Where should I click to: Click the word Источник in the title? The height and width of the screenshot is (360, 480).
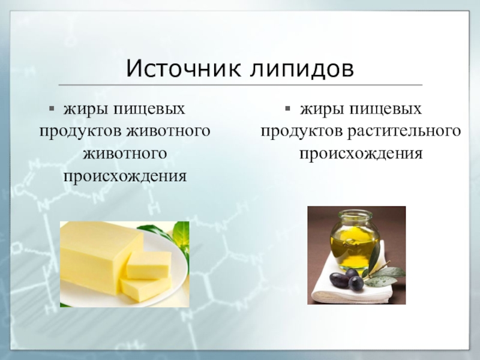point(184,68)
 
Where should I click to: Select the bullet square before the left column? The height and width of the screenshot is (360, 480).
point(52,109)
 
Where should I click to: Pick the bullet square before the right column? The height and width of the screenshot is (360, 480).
point(287,109)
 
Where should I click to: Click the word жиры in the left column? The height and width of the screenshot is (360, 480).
point(86,109)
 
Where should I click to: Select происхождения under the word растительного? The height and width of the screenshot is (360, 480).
point(361,154)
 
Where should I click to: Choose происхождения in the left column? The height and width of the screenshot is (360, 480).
point(125,176)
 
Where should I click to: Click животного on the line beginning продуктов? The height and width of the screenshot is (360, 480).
point(169,131)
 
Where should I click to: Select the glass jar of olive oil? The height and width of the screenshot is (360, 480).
point(355,241)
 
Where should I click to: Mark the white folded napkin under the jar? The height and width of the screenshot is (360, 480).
point(352,283)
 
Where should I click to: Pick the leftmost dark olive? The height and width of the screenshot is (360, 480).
point(339,280)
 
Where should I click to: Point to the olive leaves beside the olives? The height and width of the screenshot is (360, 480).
point(384,275)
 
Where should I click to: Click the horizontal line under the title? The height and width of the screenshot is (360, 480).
point(241,85)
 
